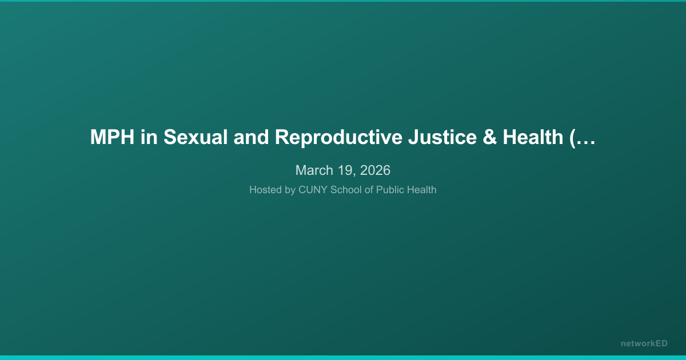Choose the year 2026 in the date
tap(376, 170)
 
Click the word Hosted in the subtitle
tap(265, 190)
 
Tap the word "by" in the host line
tap(290, 190)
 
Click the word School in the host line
tap(346, 190)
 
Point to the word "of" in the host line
tap(369, 190)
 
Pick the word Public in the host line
tap(389, 190)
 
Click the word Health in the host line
tap(421, 190)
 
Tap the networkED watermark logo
tap(644, 343)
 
